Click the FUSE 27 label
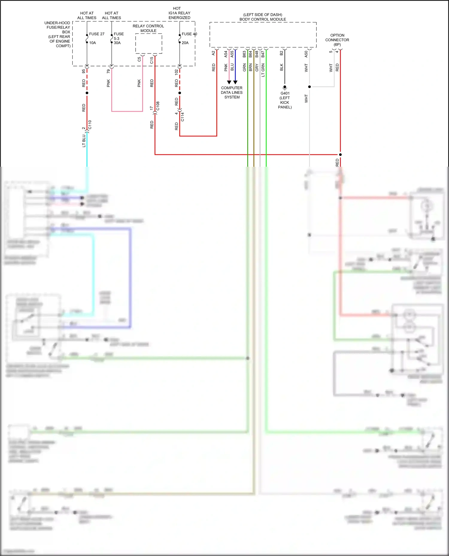[x=97, y=34]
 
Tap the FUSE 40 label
[x=189, y=34]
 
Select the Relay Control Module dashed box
[x=148, y=44]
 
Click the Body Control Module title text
[x=263, y=17]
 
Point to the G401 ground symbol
[x=285, y=87]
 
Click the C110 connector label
[x=90, y=125]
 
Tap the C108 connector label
[x=158, y=106]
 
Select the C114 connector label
[x=183, y=117]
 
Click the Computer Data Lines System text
[x=232, y=93]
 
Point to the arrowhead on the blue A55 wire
[x=235, y=82]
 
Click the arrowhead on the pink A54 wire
[x=229, y=82]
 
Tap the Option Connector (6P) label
[x=337, y=40]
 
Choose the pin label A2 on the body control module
[x=213, y=53]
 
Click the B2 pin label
[x=281, y=53]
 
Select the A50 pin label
[x=306, y=54]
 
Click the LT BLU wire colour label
[x=84, y=141]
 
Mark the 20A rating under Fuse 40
[x=185, y=43]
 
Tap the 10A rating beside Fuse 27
[x=92, y=43]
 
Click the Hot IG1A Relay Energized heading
[x=179, y=13]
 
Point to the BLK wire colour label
[x=281, y=67]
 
